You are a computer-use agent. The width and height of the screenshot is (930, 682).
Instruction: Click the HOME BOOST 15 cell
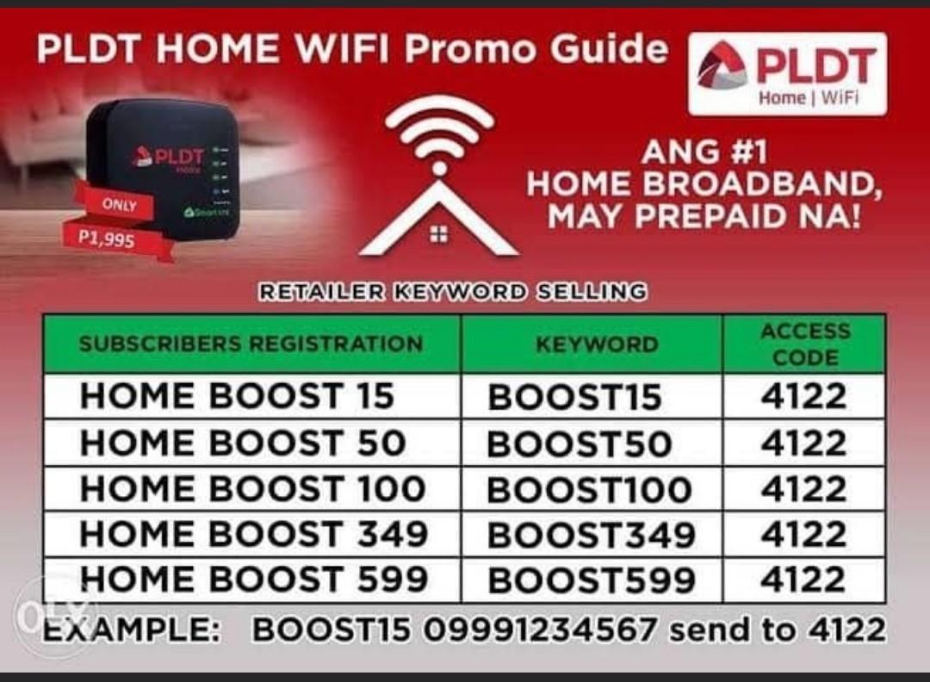[x=238, y=396]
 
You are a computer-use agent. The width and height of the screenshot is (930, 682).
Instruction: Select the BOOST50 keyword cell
[x=579, y=443]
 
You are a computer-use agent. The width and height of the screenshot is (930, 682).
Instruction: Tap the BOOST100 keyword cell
[x=589, y=490]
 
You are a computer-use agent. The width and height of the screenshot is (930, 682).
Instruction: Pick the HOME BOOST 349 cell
[x=254, y=535]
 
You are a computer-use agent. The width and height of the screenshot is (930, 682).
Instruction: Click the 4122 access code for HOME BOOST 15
[x=803, y=396]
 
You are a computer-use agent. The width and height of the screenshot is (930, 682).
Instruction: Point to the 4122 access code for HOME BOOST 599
[x=803, y=580]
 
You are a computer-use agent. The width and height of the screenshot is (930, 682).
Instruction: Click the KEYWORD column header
[x=597, y=344]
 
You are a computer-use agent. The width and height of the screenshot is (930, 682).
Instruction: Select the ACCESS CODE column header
[x=805, y=344]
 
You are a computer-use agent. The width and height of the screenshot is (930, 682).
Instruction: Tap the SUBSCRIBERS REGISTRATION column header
[x=251, y=344]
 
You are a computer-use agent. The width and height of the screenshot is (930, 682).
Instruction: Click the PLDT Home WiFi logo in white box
[x=787, y=74]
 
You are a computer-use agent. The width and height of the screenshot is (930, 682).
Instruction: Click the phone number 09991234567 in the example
[x=541, y=630]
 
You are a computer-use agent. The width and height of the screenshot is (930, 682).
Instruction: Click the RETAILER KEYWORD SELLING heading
[x=453, y=292]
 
